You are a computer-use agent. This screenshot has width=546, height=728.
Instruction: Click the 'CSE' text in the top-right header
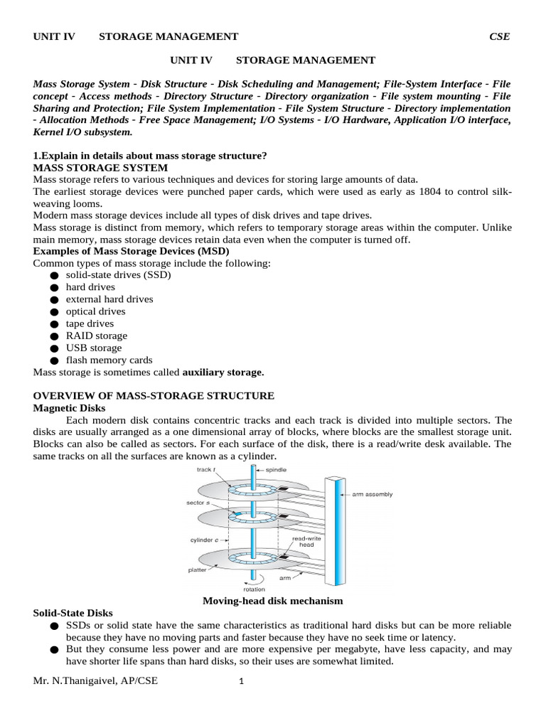click(x=499, y=36)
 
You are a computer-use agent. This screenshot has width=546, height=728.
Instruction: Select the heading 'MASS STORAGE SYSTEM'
click(x=101, y=168)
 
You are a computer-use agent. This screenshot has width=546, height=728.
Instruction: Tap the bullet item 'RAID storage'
click(x=97, y=336)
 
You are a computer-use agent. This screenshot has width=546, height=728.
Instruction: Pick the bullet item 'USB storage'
click(x=94, y=348)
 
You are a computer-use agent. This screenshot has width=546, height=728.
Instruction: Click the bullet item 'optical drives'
click(x=95, y=311)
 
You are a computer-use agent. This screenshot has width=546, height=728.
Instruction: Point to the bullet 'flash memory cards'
click(x=109, y=360)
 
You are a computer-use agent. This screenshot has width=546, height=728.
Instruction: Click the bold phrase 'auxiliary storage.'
click(x=223, y=372)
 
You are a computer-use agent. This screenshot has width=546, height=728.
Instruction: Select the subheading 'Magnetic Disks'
click(x=70, y=408)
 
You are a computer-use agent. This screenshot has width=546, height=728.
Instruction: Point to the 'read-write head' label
click(x=306, y=542)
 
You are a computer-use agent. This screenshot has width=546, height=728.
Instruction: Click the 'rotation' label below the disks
click(x=254, y=589)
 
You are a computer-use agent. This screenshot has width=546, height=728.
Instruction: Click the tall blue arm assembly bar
click(x=333, y=530)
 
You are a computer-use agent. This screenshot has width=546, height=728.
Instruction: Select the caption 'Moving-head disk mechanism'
click(x=273, y=601)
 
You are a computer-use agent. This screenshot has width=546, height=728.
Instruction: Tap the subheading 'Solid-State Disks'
click(x=73, y=613)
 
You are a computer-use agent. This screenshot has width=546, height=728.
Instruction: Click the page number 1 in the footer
click(x=242, y=682)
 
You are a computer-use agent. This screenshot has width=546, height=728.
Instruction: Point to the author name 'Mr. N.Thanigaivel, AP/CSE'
click(x=96, y=681)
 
